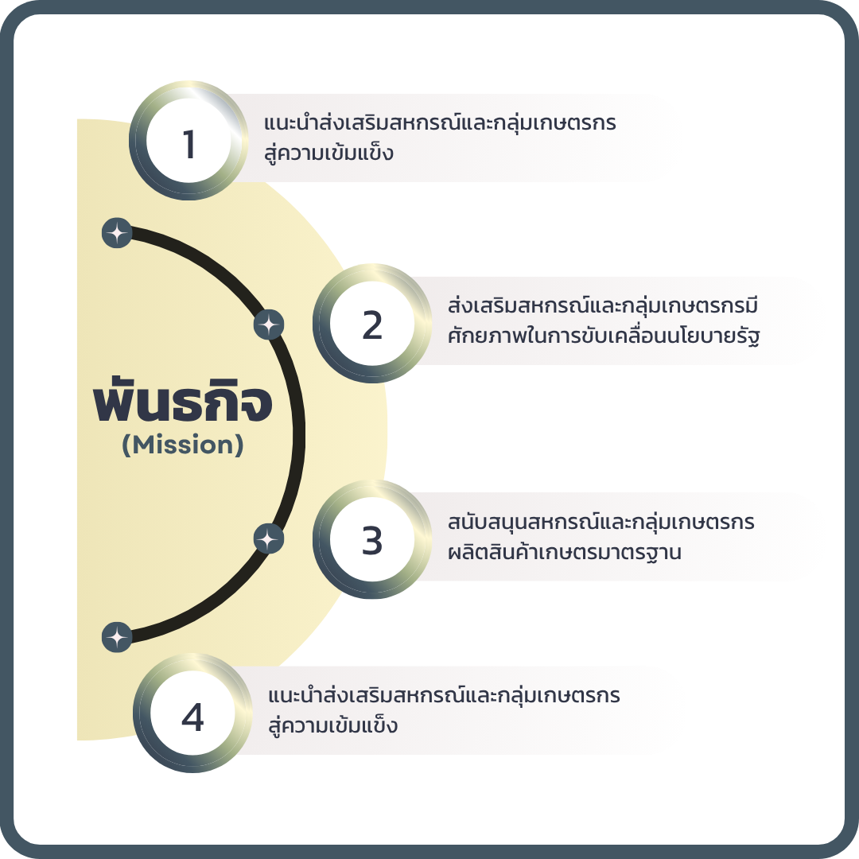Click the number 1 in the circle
(x=189, y=145)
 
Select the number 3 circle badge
(x=372, y=542)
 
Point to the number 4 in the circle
(x=192, y=718)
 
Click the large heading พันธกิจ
(x=183, y=403)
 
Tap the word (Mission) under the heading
(x=183, y=445)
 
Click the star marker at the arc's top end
(x=117, y=233)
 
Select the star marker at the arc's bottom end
(x=117, y=637)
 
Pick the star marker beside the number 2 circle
(x=269, y=325)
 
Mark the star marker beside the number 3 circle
(x=269, y=539)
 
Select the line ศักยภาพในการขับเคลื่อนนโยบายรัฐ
(x=604, y=336)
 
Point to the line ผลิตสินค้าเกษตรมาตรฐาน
(x=565, y=552)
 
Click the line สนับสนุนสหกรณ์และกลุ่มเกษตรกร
(x=601, y=523)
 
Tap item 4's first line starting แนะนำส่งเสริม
(x=444, y=697)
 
